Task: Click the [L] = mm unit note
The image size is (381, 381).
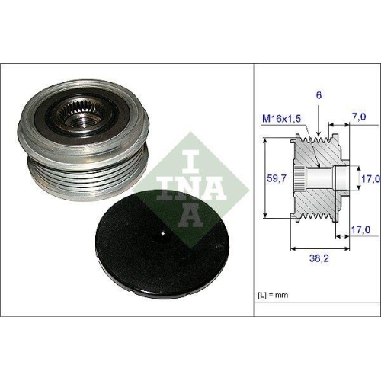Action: pos(272,293)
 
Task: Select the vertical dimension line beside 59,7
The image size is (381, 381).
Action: pos(264,179)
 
